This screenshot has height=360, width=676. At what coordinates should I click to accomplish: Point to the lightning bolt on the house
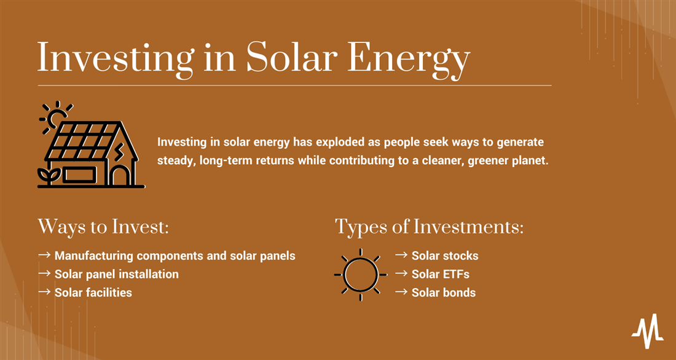tap(118, 152)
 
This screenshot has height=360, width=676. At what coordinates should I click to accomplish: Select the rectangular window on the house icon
tap(80, 175)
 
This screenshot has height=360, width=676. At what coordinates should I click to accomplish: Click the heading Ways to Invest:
tap(103, 227)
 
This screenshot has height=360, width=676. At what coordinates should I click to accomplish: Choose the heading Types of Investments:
tap(429, 227)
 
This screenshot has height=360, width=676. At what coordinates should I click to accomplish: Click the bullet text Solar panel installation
tap(116, 274)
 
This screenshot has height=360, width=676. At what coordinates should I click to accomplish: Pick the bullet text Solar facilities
tap(93, 293)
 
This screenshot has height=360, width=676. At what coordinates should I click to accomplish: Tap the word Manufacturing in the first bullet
tap(93, 256)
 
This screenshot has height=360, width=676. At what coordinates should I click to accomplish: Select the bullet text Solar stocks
tap(445, 256)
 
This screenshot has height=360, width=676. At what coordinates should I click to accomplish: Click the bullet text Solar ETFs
tap(441, 274)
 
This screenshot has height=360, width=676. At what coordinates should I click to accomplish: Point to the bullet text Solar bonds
tap(444, 293)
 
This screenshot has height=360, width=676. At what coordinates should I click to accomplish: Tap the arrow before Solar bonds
tap(401, 292)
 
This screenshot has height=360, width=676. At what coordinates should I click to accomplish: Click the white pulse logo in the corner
tap(647, 331)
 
